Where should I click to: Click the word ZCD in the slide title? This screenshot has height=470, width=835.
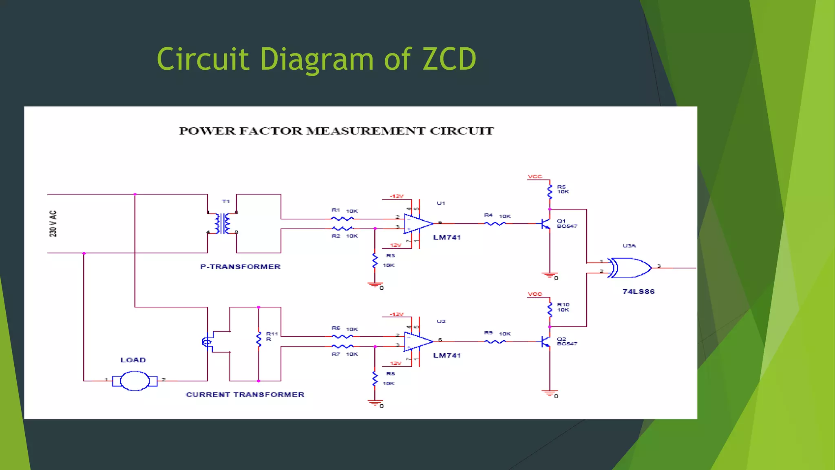(x=449, y=59)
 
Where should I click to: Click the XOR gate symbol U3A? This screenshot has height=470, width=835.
(x=630, y=268)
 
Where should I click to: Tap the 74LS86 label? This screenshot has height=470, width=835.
(x=638, y=291)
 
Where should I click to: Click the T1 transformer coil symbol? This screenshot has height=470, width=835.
(x=223, y=224)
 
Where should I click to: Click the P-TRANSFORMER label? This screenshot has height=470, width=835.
(x=240, y=267)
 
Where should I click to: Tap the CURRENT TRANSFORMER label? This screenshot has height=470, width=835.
(x=245, y=395)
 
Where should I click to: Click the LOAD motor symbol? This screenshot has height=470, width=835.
(x=135, y=381)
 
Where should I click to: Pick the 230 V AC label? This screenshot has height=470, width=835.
(x=53, y=224)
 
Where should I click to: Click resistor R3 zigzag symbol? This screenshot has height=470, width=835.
(x=375, y=261)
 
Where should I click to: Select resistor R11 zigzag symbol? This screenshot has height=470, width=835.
(x=258, y=339)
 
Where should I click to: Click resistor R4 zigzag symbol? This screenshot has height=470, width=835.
(x=495, y=224)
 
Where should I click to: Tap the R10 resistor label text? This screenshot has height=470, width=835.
(x=563, y=305)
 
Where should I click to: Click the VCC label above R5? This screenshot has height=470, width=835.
(x=535, y=177)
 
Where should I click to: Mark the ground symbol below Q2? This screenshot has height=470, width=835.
(x=550, y=393)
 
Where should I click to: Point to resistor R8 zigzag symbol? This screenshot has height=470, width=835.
(x=375, y=379)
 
